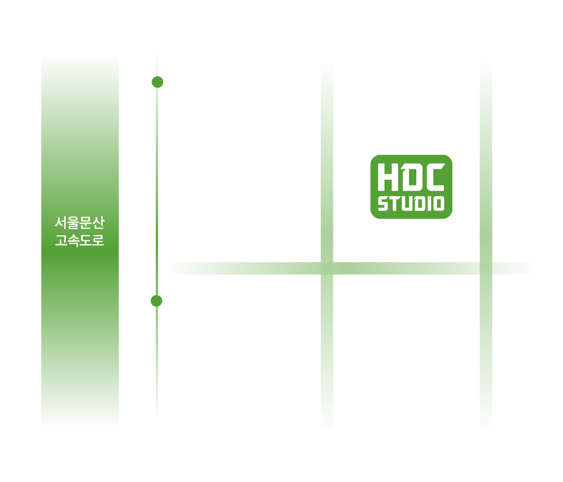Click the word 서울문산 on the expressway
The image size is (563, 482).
[80, 223]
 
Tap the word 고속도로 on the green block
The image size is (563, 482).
[80, 241]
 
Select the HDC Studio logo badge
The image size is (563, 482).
[411, 187]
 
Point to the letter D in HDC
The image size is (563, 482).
[410, 177]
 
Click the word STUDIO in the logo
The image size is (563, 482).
[411, 204]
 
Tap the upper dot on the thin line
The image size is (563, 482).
[157, 82]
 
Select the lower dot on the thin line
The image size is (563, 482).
[157, 301]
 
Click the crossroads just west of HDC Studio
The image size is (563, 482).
[327, 268]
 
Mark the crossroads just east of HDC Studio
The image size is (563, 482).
[486, 268]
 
